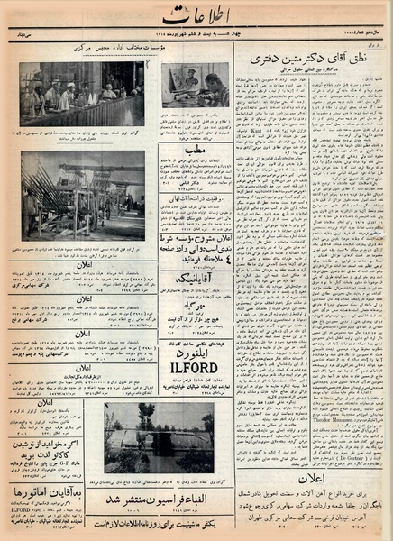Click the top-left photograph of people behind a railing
pos(82,94)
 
